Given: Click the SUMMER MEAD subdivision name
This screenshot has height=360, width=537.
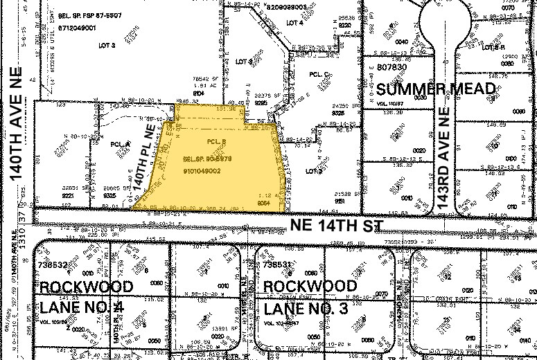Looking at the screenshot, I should point(437,89).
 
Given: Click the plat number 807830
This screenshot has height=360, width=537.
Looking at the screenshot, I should point(392,67).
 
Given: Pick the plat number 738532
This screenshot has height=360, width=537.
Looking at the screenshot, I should point(52,265).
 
